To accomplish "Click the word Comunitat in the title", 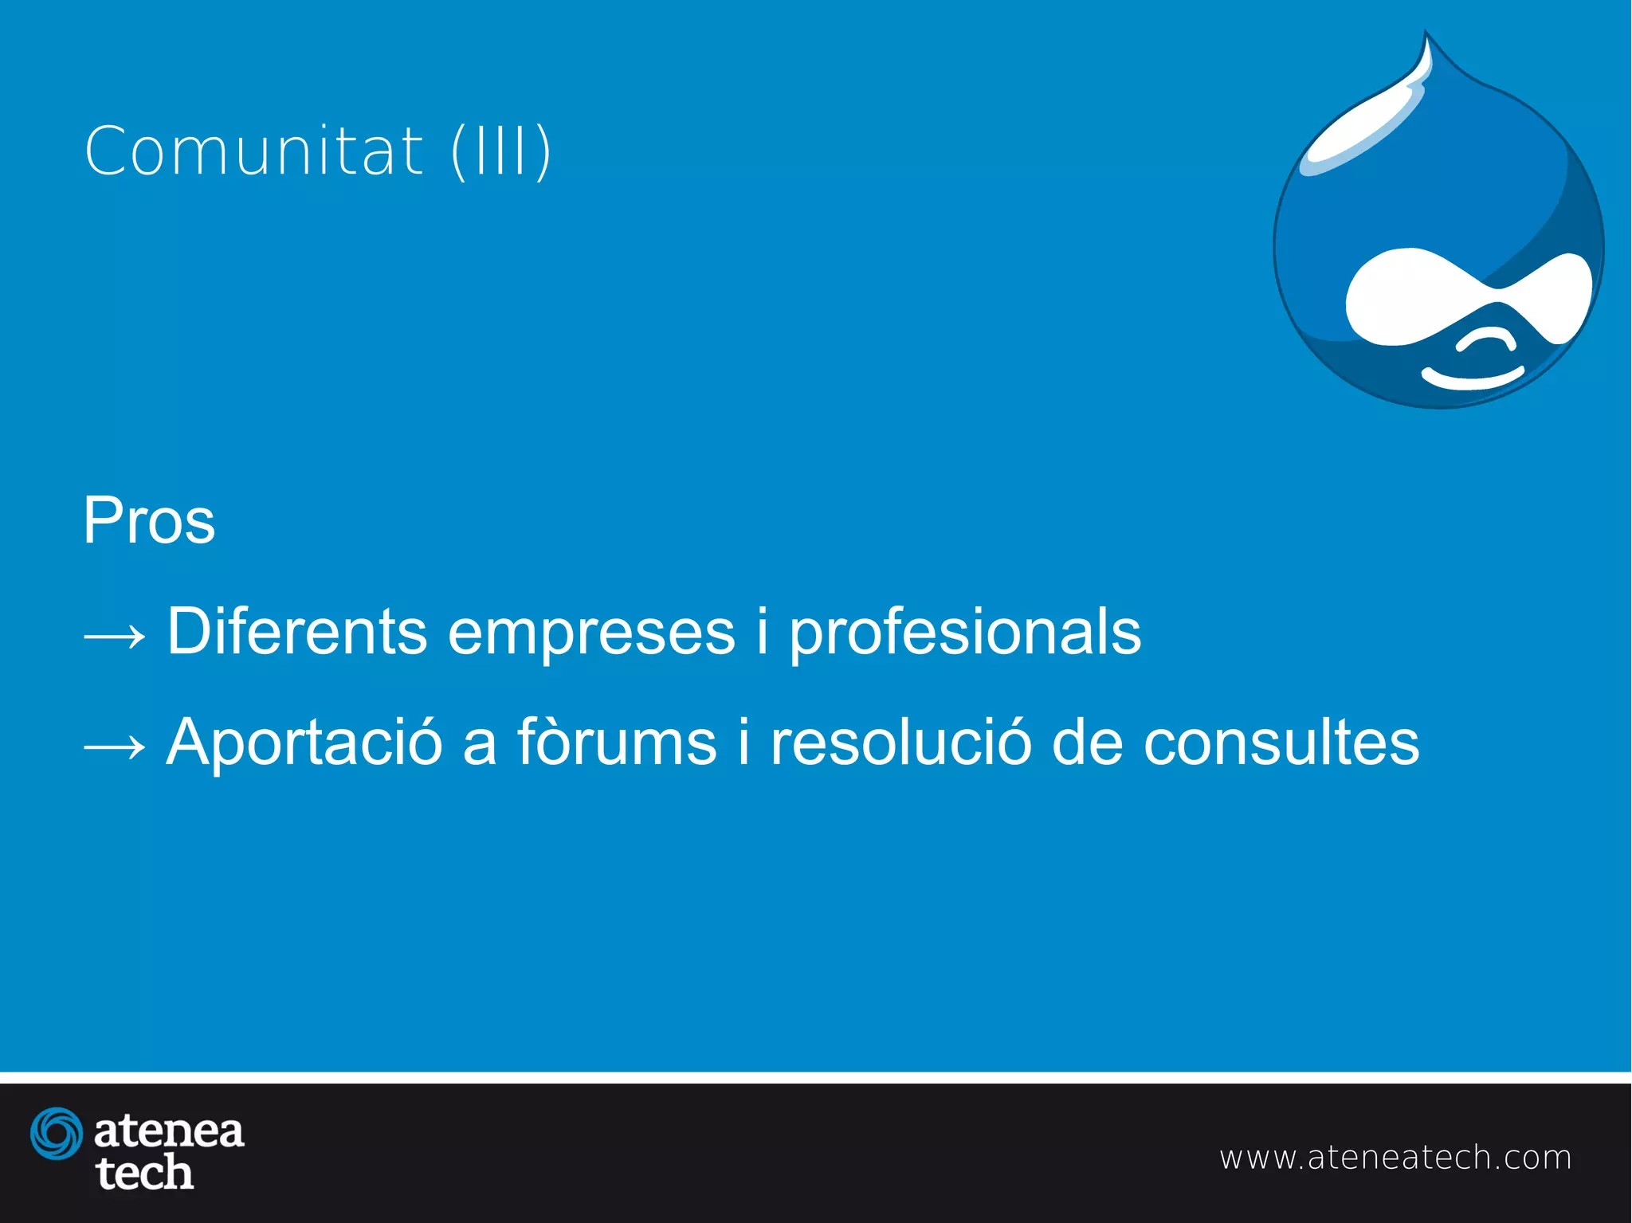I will pyautogui.click(x=253, y=151).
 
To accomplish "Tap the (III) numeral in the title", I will pyautogui.click(x=501, y=151).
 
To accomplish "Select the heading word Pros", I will pyautogui.click(x=149, y=521).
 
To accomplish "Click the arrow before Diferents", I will pyautogui.click(x=115, y=636).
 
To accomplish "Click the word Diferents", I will pyautogui.click(x=296, y=631).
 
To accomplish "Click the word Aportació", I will pyautogui.click(x=304, y=743).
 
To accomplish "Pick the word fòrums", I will pyautogui.click(x=617, y=741).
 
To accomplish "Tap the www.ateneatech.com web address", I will pyautogui.click(x=1395, y=1157).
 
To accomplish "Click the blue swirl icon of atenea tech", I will pyautogui.click(x=56, y=1133).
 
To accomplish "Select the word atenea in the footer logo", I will pyautogui.click(x=169, y=1131).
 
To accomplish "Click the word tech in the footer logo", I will pyautogui.click(x=144, y=1173).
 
